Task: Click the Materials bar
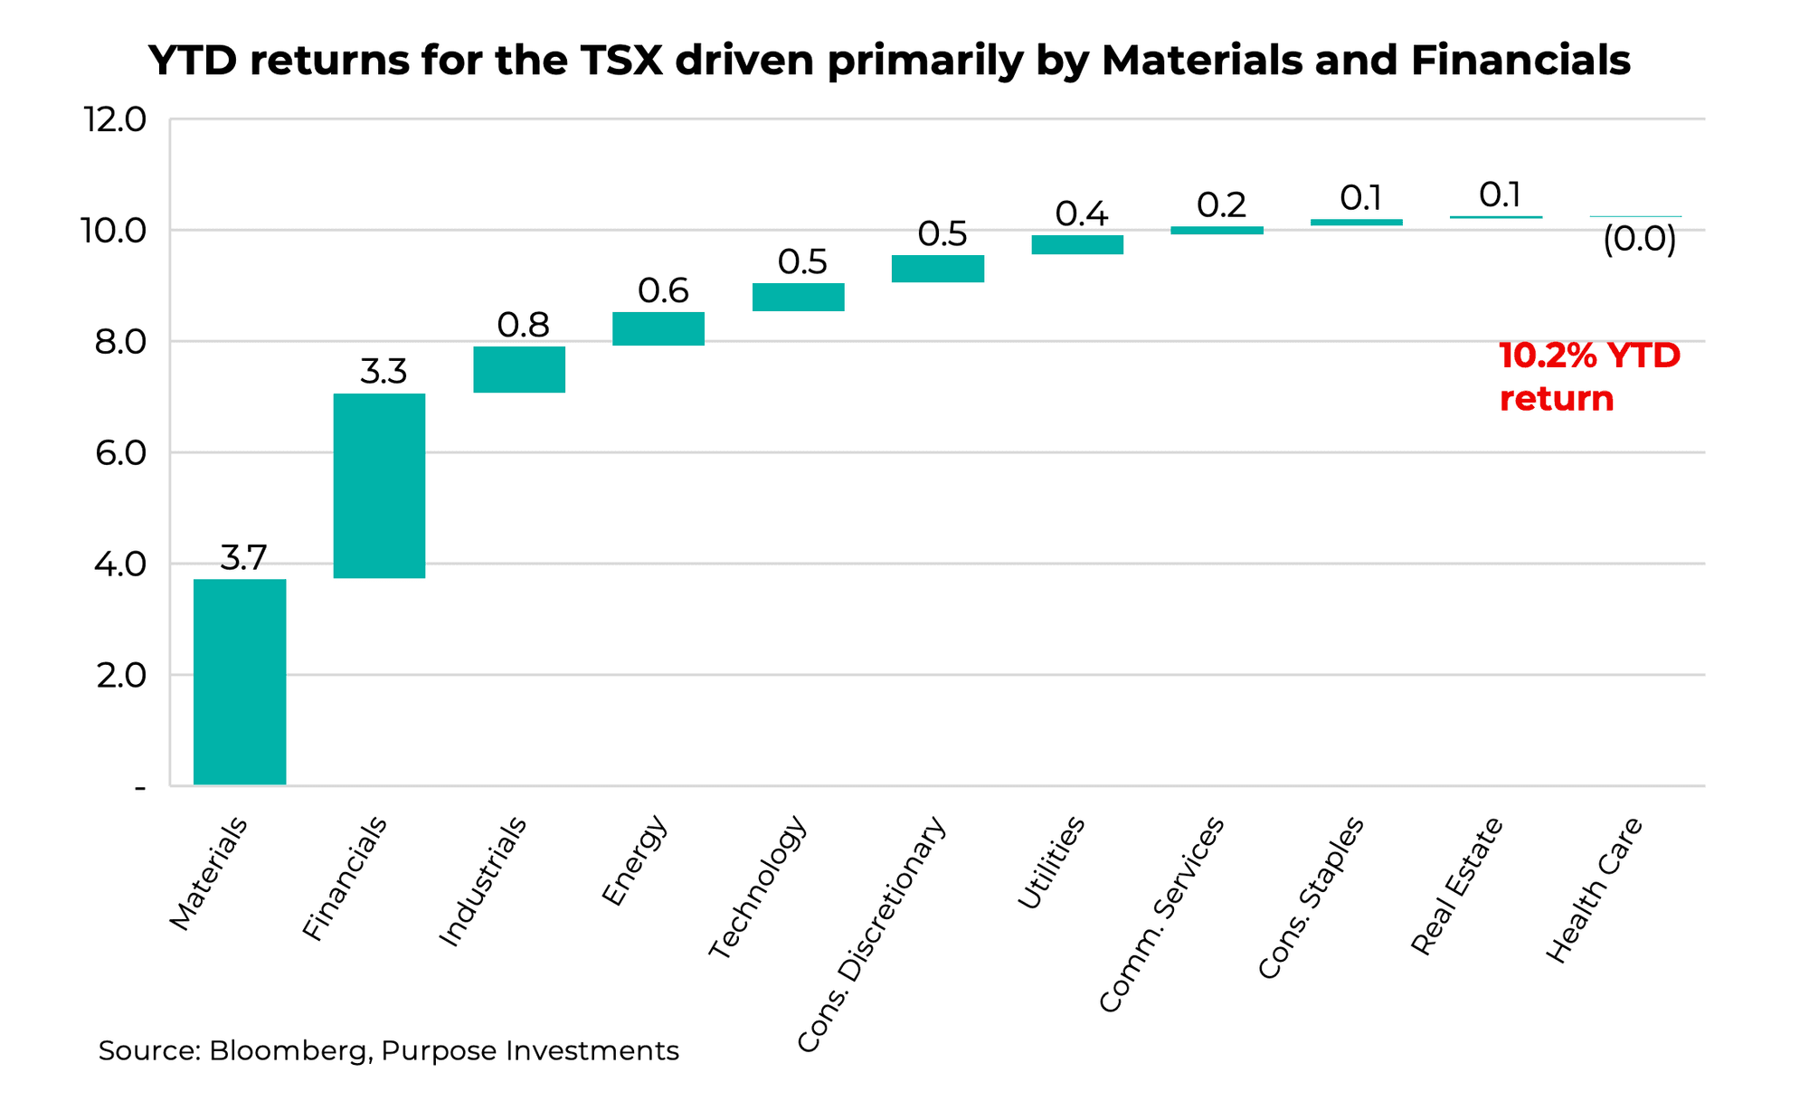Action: coord(240,681)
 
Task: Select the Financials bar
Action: coord(379,486)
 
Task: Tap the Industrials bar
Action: coord(519,369)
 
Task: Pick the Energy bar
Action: coord(658,328)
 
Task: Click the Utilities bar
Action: coord(1077,244)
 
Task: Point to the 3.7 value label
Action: coord(243,558)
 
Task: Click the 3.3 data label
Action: coord(384,372)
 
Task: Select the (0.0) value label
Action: coord(1639,240)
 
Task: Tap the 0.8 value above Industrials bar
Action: coord(524,325)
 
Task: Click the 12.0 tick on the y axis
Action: coord(114,119)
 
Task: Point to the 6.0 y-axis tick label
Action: coord(119,453)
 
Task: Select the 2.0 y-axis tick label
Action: coord(119,676)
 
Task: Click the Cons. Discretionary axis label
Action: coord(872,935)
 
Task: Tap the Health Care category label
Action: coord(1594,890)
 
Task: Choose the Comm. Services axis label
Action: coord(1162,914)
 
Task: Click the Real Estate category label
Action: coord(1457,886)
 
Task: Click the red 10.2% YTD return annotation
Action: coord(1588,377)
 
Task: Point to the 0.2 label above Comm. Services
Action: coord(1221,205)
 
